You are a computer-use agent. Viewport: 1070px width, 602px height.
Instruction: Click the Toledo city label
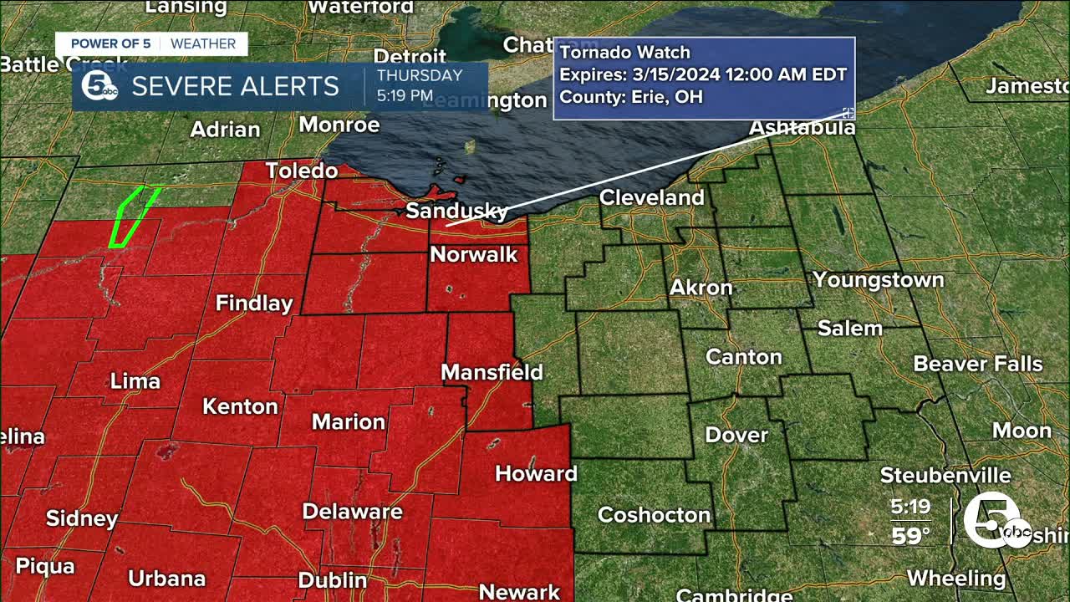[x=302, y=171]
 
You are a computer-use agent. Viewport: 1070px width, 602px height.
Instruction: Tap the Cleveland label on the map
[x=652, y=198]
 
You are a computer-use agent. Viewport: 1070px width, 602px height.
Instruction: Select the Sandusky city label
[x=456, y=211]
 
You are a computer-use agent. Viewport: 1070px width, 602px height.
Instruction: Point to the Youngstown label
[x=878, y=280]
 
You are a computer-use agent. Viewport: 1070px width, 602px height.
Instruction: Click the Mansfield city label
[x=492, y=372]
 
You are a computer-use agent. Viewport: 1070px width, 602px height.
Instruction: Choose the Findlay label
[x=254, y=304]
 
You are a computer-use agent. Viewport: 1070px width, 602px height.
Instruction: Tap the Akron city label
[x=701, y=288]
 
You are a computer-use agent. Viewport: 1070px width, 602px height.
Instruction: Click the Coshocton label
[x=654, y=515]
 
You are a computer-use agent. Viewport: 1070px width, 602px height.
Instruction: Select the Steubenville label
[x=945, y=476]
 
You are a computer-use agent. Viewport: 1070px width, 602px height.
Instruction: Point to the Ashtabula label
[x=802, y=128]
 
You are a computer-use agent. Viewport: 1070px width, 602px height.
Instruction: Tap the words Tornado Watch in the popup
[x=624, y=53]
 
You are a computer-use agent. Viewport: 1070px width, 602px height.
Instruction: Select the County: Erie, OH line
[x=630, y=96]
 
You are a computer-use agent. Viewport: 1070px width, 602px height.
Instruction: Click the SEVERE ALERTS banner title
[x=235, y=86]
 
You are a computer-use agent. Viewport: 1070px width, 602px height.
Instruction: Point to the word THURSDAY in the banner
[x=419, y=76]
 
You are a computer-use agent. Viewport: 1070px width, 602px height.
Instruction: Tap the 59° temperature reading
[x=910, y=535]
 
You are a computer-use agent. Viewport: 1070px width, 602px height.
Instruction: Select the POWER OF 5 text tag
[x=111, y=44]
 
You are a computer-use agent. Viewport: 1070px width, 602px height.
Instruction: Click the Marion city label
[x=348, y=421]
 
